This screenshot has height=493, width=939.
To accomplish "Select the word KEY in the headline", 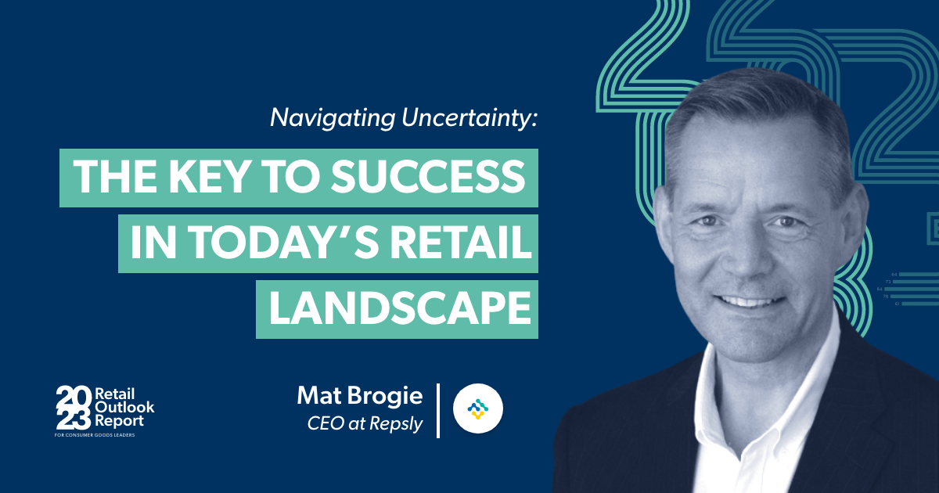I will click(x=207, y=178).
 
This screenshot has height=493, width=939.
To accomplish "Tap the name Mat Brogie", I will click(x=359, y=396).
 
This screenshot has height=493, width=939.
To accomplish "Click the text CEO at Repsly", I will click(x=367, y=424).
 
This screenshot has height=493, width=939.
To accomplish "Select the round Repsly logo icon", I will click(x=478, y=408).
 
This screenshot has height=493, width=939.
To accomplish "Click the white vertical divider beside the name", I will click(x=438, y=409).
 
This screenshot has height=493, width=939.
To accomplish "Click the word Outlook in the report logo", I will click(x=124, y=407).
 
